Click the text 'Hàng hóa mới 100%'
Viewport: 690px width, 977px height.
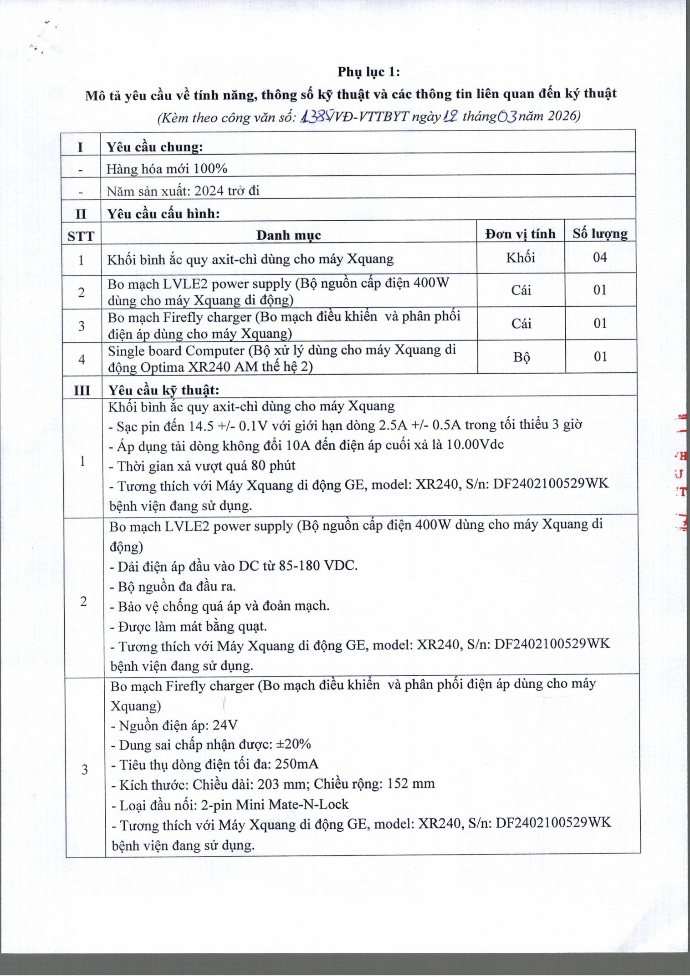coord(167,169)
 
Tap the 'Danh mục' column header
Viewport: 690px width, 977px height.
coord(288,235)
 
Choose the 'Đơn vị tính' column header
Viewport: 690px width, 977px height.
coord(521,234)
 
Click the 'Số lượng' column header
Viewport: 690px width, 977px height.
coord(600,234)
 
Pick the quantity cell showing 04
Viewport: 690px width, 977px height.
coord(600,257)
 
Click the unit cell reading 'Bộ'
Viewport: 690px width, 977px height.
coord(521,357)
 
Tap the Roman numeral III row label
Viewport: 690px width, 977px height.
coord(82,390)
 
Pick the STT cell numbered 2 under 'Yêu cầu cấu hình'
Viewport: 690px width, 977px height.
coord(81,292)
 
